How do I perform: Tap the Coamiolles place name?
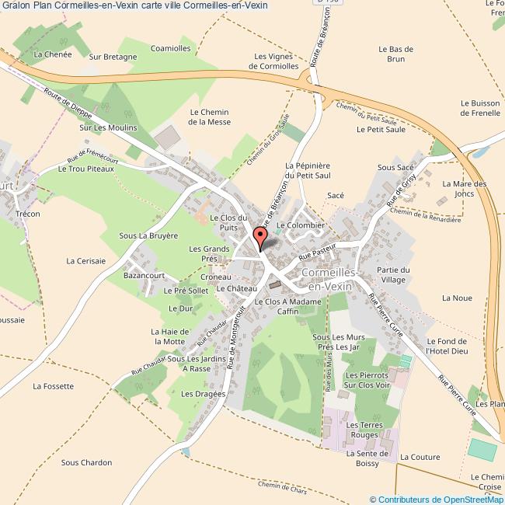171,48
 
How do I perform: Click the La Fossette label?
53,385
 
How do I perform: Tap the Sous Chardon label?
86,462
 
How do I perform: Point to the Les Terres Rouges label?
363,430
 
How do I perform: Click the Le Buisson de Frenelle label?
479,107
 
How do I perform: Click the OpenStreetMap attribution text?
437,499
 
